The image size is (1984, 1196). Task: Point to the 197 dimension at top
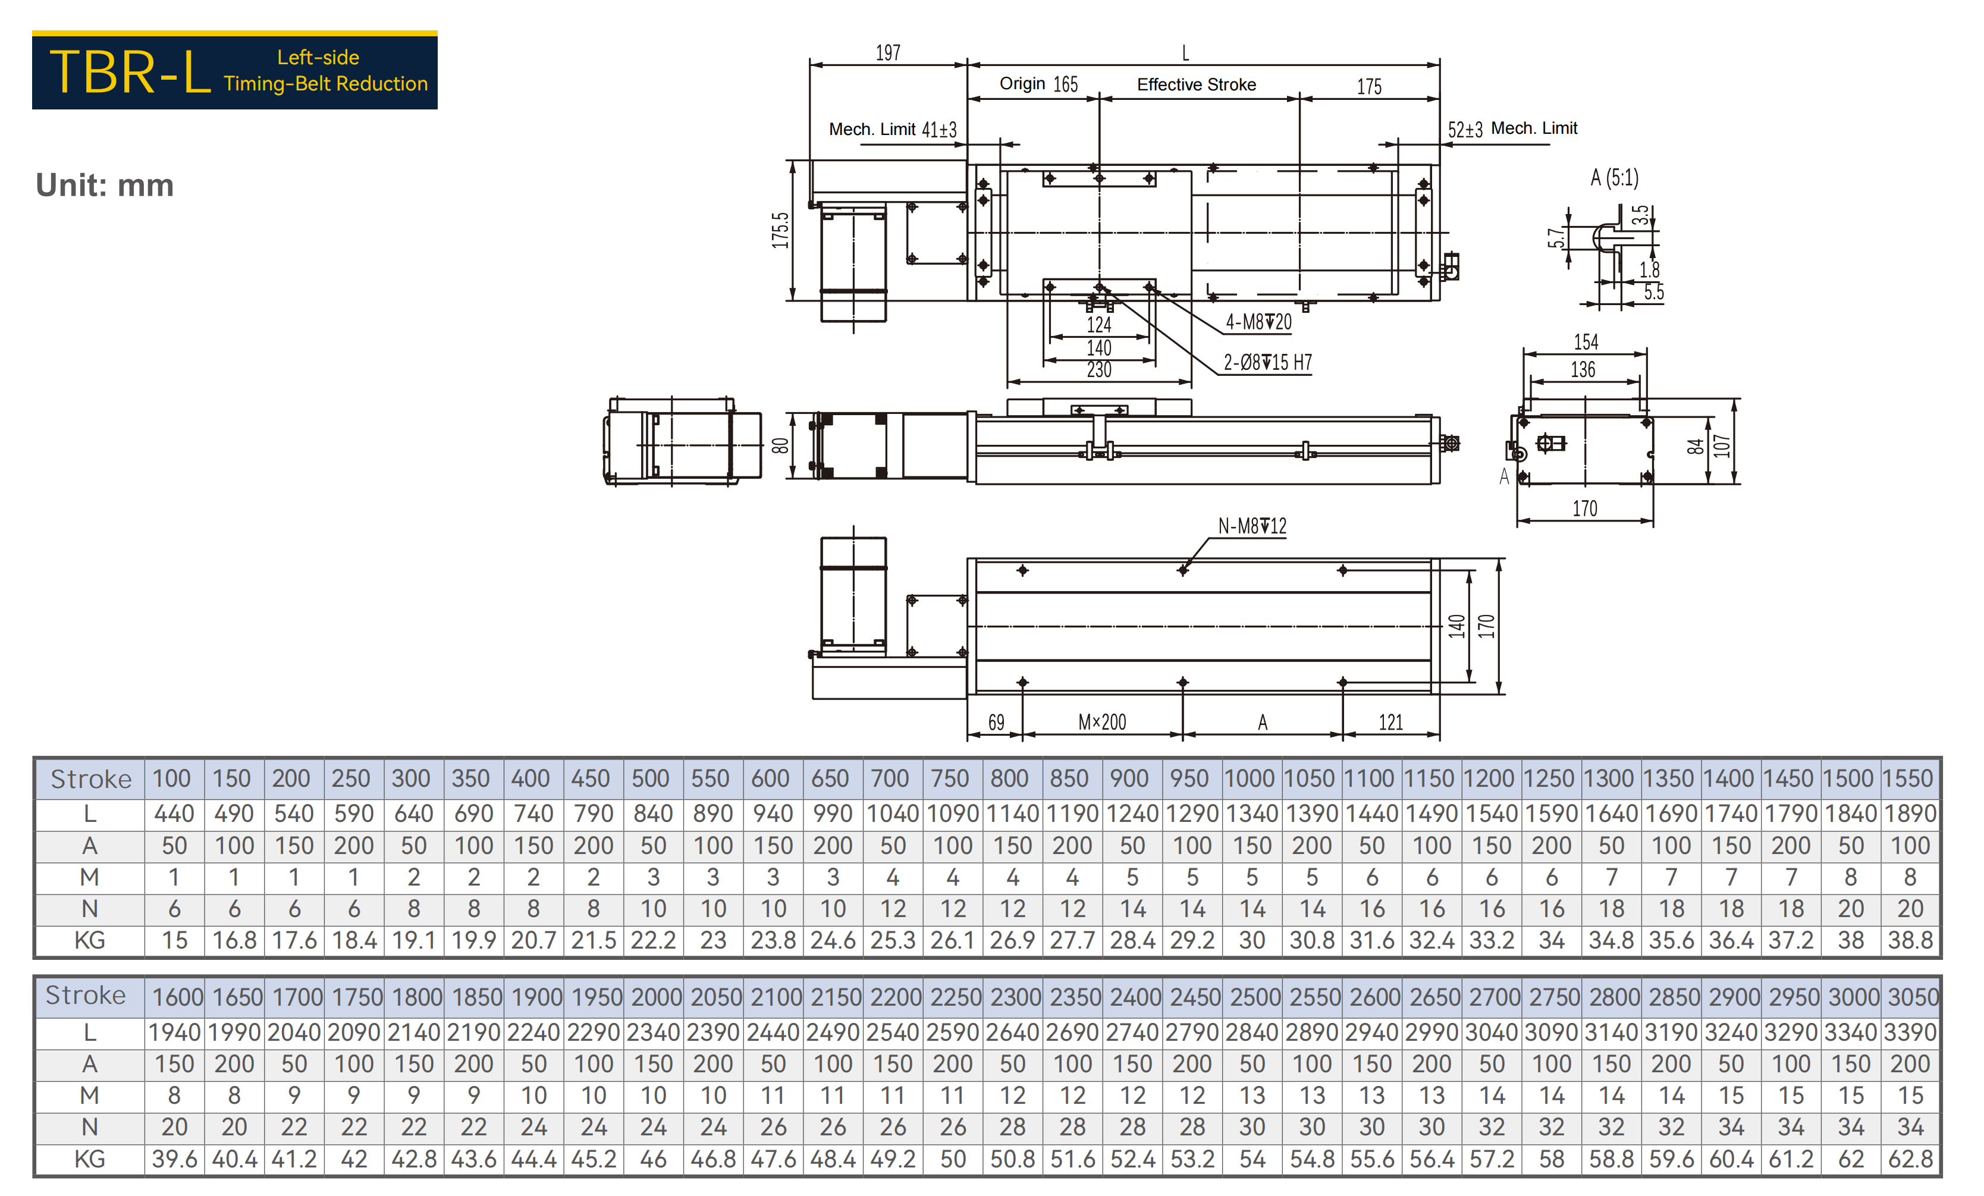[x=888, y=53]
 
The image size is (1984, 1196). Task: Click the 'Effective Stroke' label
[x=1197, y=84]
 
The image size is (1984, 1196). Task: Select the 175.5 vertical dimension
[x=780, y=230]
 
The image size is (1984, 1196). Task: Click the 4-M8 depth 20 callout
[x=1258, y=322]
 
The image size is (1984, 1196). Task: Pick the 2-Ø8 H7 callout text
[x=1268, y=362]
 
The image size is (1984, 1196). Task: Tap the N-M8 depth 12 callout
[x=1252, y=526]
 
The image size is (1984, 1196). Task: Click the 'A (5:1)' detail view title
[x=1615, y=177]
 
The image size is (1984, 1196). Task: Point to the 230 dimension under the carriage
[x=1099, y=370]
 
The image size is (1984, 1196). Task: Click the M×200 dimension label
[x=1102, y=721]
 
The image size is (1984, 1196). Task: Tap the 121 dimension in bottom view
[x=1390, y=721]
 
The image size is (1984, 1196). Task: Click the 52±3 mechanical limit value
[x=1465, y=130]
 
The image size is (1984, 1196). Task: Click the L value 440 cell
[x=174, y=814]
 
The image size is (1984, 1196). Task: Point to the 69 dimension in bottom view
[x=996, y=721]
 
